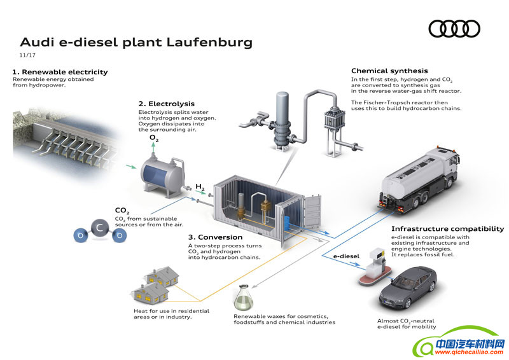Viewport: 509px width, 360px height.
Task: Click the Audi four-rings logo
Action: pos(454,29)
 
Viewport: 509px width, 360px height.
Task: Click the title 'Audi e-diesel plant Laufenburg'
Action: pos(136,43)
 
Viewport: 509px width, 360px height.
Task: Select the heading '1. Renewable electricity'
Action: pos(60,72)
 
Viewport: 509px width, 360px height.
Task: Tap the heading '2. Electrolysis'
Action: pos(167,104)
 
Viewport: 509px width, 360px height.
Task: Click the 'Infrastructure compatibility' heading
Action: pos(447,229)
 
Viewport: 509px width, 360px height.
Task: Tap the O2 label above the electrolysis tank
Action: pos(155,137)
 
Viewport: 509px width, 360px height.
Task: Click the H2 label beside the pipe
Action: pos(200,187)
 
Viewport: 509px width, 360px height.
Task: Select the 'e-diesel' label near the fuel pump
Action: pos(347,256)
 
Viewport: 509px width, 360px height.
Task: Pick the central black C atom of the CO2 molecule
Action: pos(99,228)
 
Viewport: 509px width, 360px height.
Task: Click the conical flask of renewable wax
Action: pos(243,297)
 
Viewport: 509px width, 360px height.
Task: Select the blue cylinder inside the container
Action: pos(286,222)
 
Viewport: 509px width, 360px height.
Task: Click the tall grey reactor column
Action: pos(279,117)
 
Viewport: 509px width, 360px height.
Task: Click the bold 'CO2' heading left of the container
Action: pos(122,211)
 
